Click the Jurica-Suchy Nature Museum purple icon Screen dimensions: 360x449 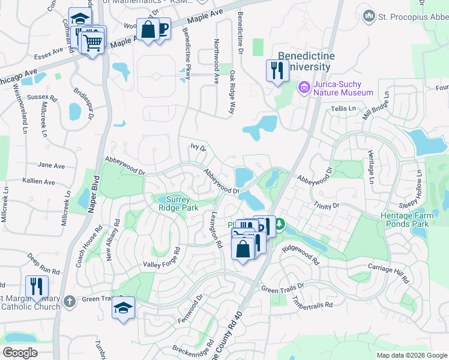pos(304,88)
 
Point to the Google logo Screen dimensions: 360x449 pos(20,353)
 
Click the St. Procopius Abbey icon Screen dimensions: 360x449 pos(369,17)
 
